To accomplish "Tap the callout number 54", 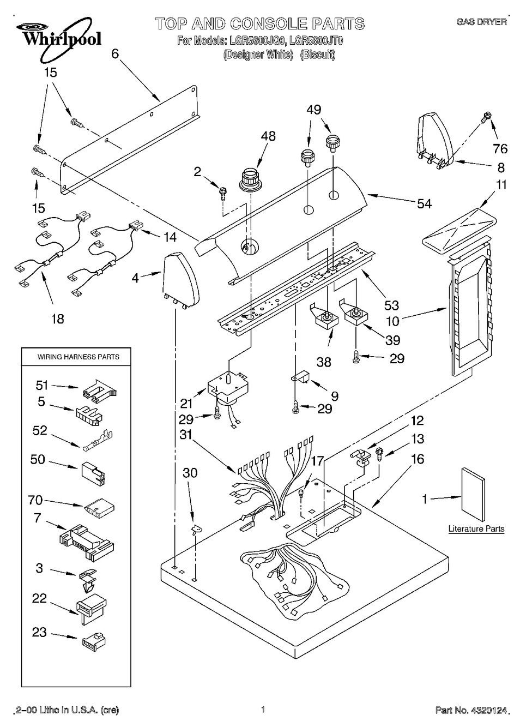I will point(424,203).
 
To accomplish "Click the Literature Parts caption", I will point(476,528).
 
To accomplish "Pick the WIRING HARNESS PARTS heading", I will point(78,357).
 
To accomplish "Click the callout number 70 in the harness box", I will point(38,499).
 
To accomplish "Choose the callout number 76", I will point(500,148).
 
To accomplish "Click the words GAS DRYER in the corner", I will point(481,22).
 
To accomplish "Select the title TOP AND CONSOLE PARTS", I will point(259,23).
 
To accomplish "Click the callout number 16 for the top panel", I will point(417,459).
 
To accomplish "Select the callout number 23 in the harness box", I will point(39,633).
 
